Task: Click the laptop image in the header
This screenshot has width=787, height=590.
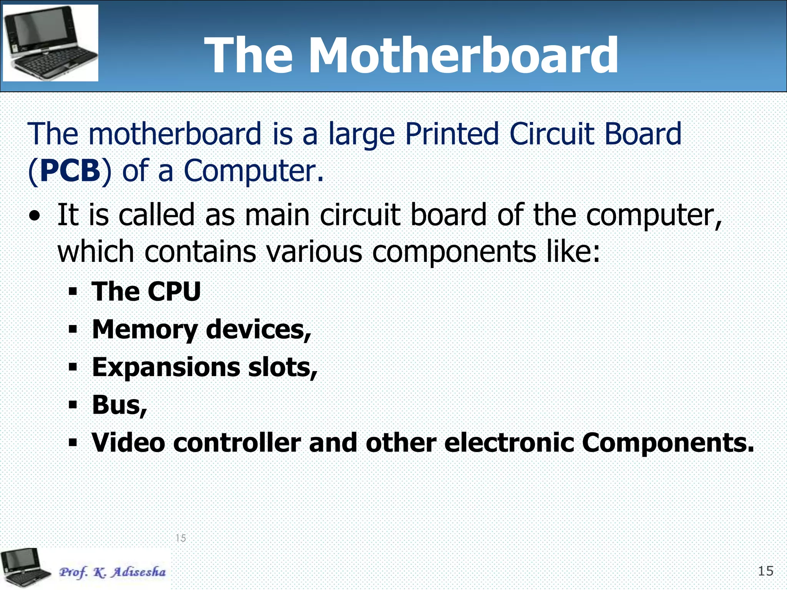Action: click(50, 43)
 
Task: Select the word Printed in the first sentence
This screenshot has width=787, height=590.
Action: click(452, 134)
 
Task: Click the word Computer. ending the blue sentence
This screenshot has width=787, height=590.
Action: click(254, 171)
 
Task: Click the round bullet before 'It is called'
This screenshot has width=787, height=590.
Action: click(35, 216)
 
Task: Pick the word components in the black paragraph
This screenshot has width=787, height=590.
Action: click(454, 252)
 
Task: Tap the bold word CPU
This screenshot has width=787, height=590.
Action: click(174, 292)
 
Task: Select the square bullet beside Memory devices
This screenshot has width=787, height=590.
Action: click(73, 329)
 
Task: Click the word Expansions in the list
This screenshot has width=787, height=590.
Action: click(166, 368)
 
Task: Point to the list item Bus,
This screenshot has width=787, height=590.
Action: click(120, 405)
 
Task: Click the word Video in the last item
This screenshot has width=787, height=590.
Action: click(128, 442)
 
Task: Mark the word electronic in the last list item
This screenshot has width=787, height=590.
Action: click(509, 442)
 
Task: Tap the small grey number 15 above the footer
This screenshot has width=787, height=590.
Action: click(181, 538)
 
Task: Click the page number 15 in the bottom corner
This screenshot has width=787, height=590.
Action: click(765, 571)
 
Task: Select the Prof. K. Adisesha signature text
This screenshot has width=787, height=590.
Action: click(112, 572)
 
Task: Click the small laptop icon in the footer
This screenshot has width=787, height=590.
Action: click(25, 568)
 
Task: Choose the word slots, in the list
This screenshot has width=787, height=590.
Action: click(283, 368)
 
